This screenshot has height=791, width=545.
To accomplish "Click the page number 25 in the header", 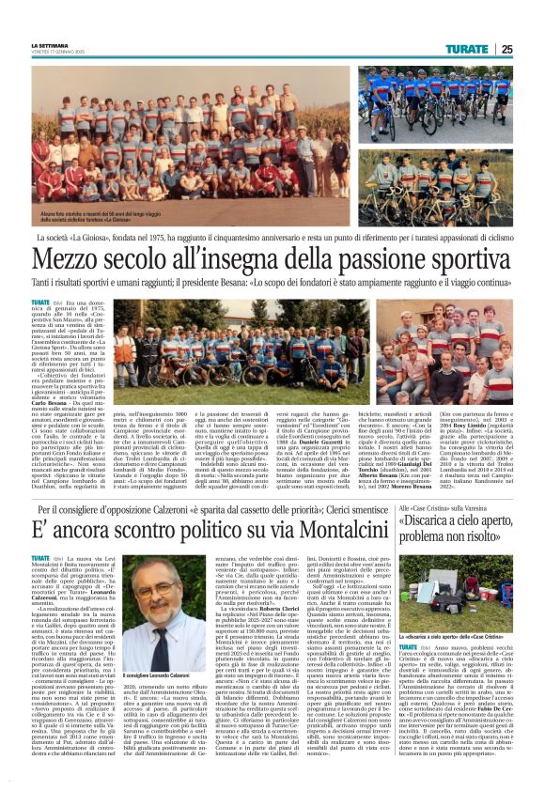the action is pos(506,49).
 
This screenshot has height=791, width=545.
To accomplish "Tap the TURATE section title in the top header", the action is pos(467,49).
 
